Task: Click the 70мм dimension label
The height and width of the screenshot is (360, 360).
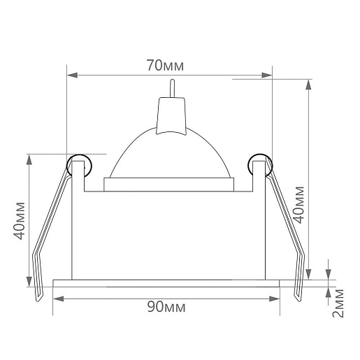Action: [165, 66]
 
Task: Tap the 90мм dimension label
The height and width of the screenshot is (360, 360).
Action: [166, 307]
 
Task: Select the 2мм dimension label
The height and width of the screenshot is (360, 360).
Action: [338, 303]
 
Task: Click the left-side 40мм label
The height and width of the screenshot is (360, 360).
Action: [19, 221]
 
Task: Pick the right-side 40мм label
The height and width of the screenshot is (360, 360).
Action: [298, 205]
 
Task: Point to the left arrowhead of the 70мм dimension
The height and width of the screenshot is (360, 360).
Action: [72, 75]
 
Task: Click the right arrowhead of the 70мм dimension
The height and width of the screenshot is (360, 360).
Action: [267, 75]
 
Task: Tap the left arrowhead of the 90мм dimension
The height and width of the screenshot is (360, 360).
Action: [59, 298]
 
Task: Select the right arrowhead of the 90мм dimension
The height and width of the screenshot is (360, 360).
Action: [275, 298]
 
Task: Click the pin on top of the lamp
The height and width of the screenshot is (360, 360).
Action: [172, 88]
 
